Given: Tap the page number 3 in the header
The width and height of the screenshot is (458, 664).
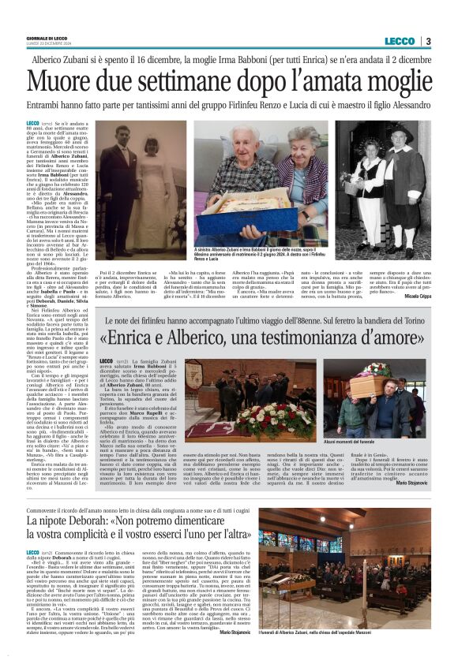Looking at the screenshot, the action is click(427, 41).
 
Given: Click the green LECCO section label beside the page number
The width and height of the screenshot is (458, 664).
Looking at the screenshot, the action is click(401, 41).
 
